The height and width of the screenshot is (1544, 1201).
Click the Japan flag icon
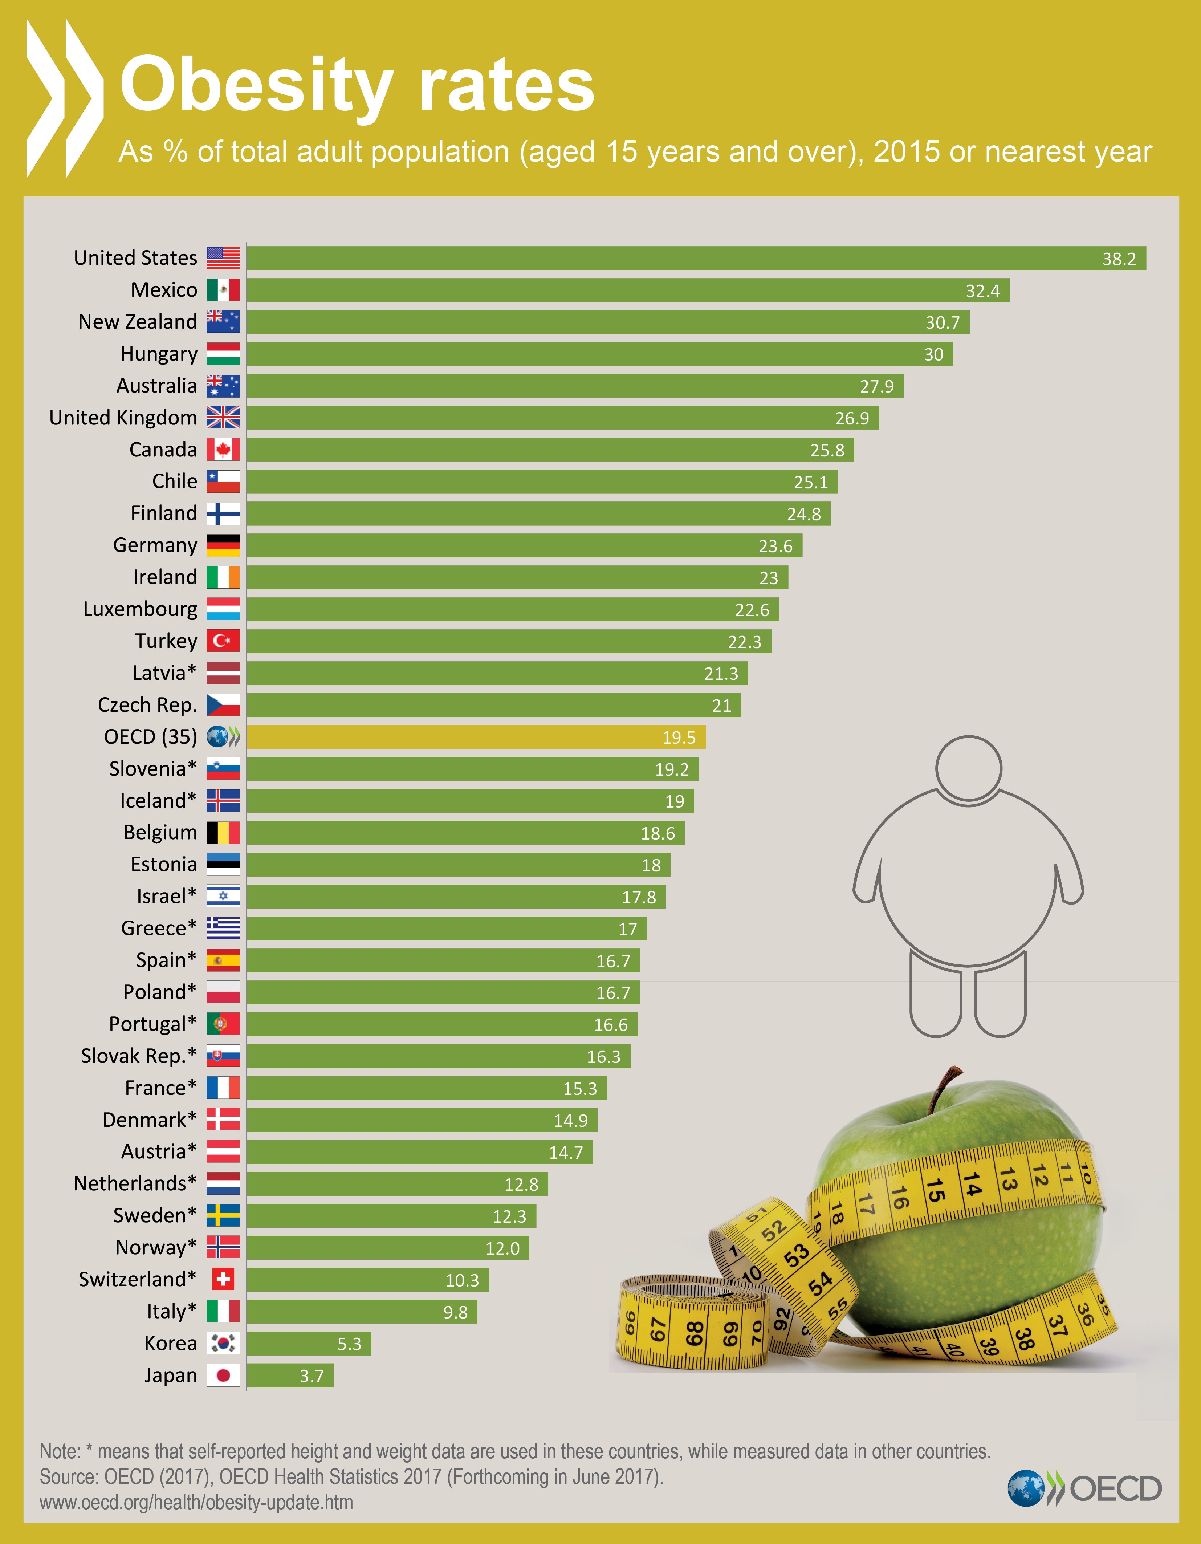coord(223,1375)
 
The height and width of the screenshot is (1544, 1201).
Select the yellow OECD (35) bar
coord(475,737)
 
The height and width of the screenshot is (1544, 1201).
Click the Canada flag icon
coord(223,450)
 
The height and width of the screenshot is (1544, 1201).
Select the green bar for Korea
coord(308,1343)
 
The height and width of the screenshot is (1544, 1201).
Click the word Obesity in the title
coord(256,86)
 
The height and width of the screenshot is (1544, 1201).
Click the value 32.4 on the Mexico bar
coord(982,290)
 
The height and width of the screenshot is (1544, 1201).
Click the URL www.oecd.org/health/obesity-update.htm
coord(196,1502)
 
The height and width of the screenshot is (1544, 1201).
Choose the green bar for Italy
coord(361,1311)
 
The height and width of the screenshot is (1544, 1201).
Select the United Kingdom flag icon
coord(223,418)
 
